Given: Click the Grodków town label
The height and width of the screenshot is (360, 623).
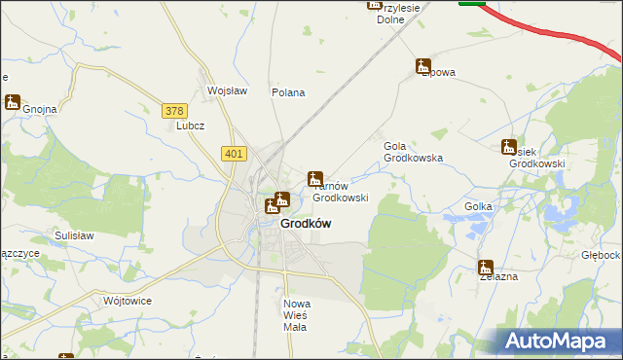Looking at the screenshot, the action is click(x=306, y=223).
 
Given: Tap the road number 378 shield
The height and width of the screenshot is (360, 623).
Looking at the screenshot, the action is click(x=175, y=111).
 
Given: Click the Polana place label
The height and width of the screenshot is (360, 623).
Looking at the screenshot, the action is click(x=289, y=93).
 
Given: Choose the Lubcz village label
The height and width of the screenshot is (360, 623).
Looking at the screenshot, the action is click(x=188, y=126).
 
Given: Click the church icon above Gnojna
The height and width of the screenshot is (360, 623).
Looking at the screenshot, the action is click(x=13, y=101).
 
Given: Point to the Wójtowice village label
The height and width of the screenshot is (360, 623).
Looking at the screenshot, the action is click(x=128, y=301).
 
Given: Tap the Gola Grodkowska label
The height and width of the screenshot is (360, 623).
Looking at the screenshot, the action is click(x=413, y=151).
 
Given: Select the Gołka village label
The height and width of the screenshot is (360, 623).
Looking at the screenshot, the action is click(x=478, y=206).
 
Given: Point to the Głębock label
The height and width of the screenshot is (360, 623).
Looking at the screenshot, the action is click(x=601, y=255).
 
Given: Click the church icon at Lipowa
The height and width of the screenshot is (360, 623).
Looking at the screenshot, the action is click(x=422, y=66).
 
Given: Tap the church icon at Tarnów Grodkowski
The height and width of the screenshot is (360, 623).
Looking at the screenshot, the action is click(x=315, y=179).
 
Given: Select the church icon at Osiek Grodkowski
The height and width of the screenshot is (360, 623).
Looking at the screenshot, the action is click(x=508, y=147).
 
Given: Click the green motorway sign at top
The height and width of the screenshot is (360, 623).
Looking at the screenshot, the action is click(x=472, y=3).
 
